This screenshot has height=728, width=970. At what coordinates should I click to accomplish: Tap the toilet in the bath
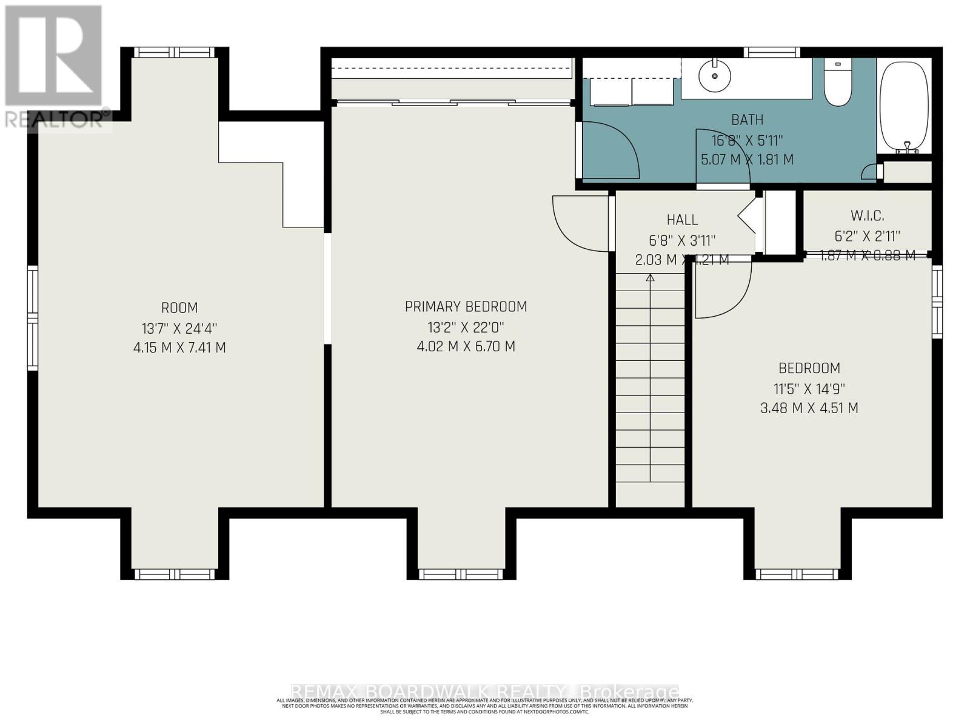(838, 85)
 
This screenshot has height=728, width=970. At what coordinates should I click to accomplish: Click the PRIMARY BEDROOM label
(466, 307)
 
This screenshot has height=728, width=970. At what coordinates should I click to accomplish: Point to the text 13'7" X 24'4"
(179, 329)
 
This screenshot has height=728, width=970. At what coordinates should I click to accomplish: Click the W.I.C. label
(867, 215)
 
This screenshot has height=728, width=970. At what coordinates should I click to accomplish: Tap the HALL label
(682, 220)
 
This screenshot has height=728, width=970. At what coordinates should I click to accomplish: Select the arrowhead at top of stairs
(651, 278)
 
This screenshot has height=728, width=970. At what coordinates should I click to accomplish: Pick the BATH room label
(747, 120)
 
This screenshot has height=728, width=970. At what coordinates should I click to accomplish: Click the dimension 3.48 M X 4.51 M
(809, 408)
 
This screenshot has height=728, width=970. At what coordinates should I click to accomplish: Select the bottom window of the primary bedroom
(461, 574)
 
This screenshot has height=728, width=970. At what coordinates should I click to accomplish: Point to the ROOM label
(179, 308)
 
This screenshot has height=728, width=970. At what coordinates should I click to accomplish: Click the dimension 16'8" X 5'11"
(747, 141)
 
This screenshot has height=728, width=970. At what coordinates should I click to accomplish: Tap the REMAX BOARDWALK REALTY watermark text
(485, 692)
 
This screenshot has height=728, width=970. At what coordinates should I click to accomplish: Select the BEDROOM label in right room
(809, 368)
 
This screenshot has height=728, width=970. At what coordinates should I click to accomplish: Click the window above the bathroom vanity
(772, 53)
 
